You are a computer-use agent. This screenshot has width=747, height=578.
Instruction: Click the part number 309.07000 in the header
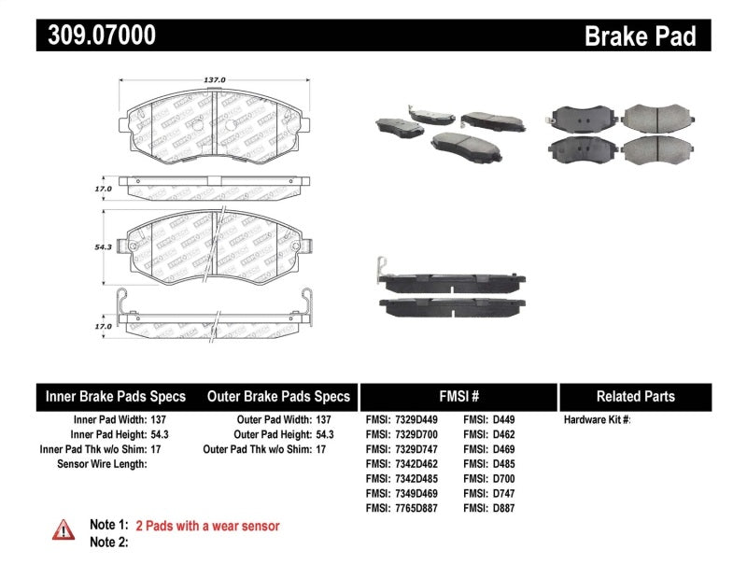97,35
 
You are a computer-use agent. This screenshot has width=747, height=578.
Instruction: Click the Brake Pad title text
640,36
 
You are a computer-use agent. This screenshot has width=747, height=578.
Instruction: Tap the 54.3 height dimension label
103,247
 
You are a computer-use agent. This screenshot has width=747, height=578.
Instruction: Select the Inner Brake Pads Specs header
116,396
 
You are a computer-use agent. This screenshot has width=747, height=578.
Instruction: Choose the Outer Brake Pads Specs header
278,396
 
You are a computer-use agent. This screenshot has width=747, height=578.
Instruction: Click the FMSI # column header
458,396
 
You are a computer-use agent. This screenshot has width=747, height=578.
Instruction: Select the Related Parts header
635,396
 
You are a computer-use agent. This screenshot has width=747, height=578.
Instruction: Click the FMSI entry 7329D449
402,420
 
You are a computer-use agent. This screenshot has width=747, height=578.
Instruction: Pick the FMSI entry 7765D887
402,509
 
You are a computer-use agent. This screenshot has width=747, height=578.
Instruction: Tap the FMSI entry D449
488,420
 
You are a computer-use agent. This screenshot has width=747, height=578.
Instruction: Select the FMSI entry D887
488,509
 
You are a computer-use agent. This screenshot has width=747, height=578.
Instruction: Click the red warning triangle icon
63,529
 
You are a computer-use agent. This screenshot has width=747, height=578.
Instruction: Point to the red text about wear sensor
207,526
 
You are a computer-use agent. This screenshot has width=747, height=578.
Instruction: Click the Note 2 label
108,542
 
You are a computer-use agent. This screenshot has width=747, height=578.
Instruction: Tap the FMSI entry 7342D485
402,479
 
